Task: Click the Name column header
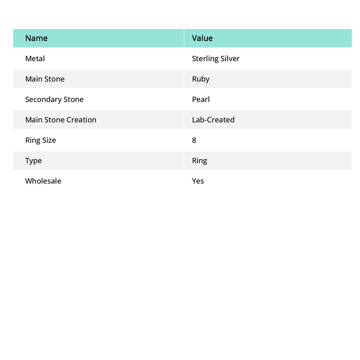[x=36, y=38]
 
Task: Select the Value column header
[x=202, y=38]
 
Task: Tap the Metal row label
[x=35, y=58]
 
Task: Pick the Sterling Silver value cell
[x=216, y=58]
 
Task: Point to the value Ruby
[x=200, y=79]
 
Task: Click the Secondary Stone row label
[x=54, y=99]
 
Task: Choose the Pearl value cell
[x=200, y=99]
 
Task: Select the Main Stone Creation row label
[x=60, y=120]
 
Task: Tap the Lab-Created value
[x=213, y=120]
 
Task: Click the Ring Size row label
[x=40, y=140]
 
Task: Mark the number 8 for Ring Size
[x=194, y=140]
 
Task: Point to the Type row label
[x=33, y=160]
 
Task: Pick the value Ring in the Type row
[x=199, y=160]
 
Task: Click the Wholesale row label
[x=43, y=181]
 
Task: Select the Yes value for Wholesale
[x=198, y=181]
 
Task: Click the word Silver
[x=230, y=58]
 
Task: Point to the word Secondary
[x=43, y=99]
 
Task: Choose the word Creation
[x=81, y=120]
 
